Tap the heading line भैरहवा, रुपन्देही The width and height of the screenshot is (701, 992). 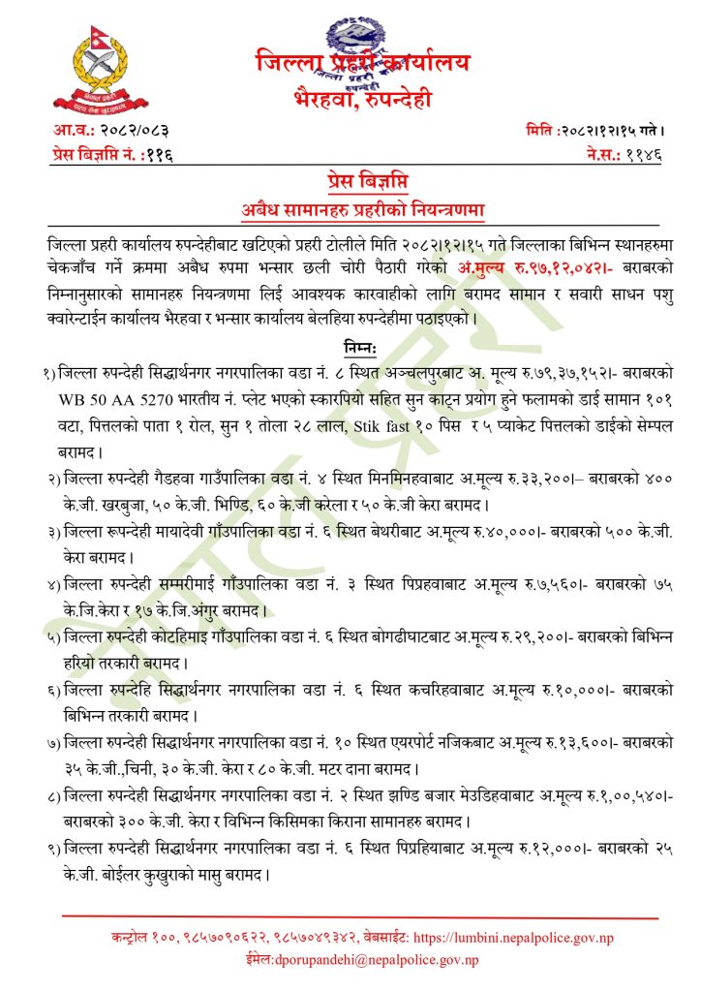point(363,97)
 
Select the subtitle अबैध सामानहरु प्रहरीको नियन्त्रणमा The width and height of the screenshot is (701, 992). point(363,208)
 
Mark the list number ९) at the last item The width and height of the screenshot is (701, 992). point(48,849)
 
